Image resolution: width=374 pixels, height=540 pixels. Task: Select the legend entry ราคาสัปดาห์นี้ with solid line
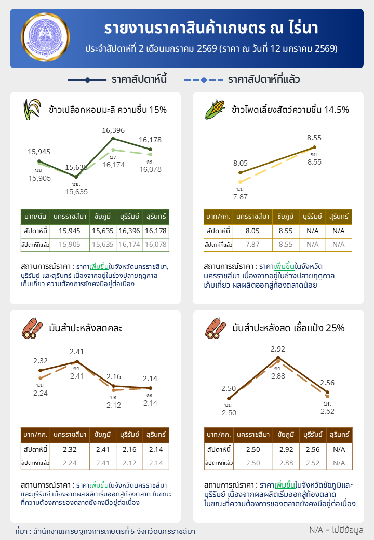click(117, 80)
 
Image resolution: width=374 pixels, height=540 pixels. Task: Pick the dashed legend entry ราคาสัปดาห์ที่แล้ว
click(242, 80)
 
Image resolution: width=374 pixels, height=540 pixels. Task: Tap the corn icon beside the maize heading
click(215, 109)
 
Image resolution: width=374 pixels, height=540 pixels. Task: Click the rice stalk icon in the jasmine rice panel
click(32, 109)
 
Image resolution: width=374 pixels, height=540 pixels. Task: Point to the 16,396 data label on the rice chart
click(113, 130)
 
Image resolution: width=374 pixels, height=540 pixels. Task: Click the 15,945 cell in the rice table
click(70, 231)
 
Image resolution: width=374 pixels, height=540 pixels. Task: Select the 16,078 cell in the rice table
click(156, 244)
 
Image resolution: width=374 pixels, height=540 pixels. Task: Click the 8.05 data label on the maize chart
click(241, 163)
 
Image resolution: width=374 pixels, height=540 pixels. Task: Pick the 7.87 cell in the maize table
click(252, 244)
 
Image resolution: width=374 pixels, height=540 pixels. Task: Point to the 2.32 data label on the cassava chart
click(41, 361)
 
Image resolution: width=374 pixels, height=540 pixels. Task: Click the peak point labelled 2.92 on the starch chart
click(278, 358)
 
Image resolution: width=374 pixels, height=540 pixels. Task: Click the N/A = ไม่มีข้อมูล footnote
click(336, 530)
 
